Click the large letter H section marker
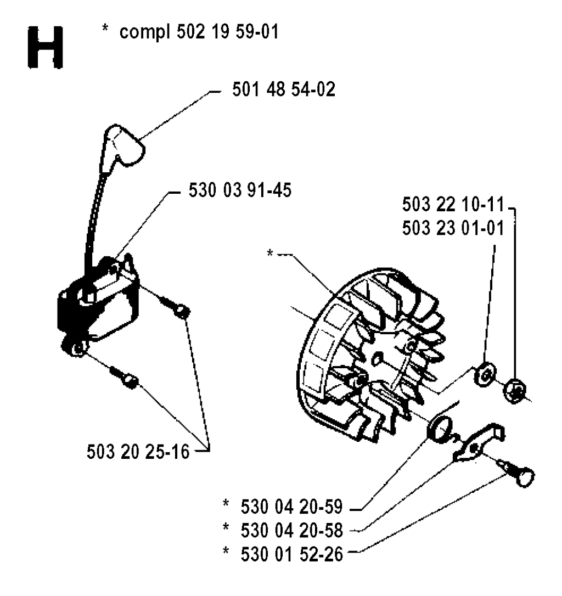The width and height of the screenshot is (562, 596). click(46, 47)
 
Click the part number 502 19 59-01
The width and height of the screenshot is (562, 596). click(228, 31)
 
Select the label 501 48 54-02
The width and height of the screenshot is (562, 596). click(284, 89)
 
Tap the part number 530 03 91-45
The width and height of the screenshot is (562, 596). click(240, 190)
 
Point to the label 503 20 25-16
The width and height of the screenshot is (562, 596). click(138, 452)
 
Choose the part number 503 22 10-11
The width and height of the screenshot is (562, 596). click(453, 204)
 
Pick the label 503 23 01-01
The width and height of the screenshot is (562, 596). click(453, 228)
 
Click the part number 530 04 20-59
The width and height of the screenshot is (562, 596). click(291, 507)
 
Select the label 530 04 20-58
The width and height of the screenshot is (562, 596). click(291, 530)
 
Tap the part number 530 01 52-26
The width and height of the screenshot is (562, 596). click(291, 554)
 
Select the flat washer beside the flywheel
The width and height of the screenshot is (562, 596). click(485, 374)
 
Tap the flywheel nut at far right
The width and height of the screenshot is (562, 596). click(515, 391)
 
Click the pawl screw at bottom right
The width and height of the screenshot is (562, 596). click(517, 473)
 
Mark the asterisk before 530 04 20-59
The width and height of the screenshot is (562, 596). click(226, 504)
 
